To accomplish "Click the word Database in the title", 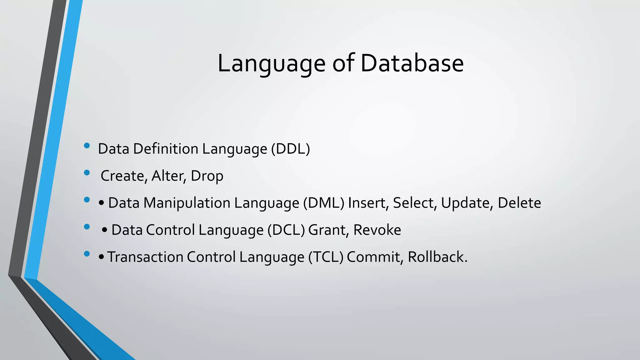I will [412, 63].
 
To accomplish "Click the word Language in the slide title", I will [271, 63].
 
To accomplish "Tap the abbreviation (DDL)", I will [290, 149].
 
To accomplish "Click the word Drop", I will [207, 176].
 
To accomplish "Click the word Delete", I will [519, 203].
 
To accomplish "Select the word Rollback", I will [437, 257].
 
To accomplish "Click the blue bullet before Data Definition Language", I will [87, 146].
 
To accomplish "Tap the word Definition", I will [166, 149].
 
